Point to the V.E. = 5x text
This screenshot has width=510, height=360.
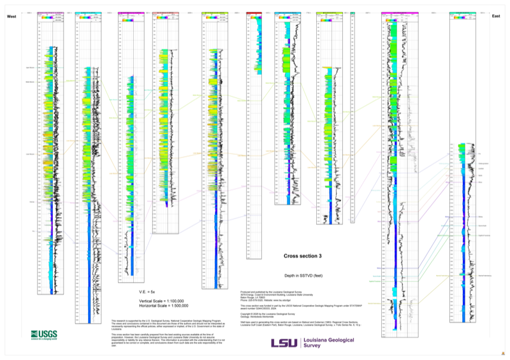click(147, 291)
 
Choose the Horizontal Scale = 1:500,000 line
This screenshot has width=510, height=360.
click(163, 306)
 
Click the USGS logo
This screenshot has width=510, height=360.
click(43, 335)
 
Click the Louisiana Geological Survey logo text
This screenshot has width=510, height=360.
click(323, 343)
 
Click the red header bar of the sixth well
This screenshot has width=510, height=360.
click(254, 11)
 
